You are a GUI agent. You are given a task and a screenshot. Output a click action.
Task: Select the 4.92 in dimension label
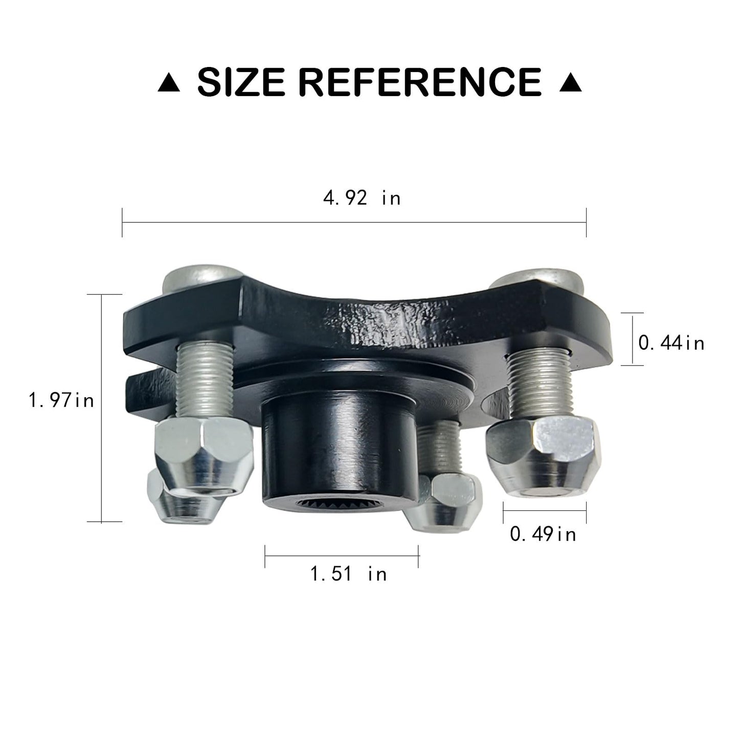click(362, 197)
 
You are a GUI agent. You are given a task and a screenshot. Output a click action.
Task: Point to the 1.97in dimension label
click(62, 399)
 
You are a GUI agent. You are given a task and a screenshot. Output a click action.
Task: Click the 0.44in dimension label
click(671, 342)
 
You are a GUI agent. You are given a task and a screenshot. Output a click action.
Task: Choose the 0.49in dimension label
click(543, 534)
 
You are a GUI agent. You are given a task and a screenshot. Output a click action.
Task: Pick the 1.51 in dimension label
click(349, 573)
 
